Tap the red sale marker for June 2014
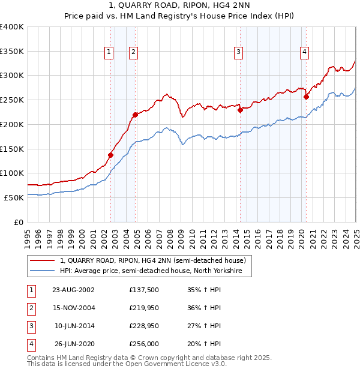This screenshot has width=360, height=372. click(x=240, y=110)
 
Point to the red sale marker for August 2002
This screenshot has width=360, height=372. click(x=110, y=155)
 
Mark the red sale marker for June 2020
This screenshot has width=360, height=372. click(x=306, y=97)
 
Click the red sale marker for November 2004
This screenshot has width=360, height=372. click(x=136, y=115)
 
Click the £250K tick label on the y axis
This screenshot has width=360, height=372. click(x=13, y=100)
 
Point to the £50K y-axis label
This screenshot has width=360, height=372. click(x=15, y=197)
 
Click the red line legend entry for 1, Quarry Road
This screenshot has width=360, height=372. click(x=153, y=261)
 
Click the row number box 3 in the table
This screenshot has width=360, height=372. click(x=30, y=326)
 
